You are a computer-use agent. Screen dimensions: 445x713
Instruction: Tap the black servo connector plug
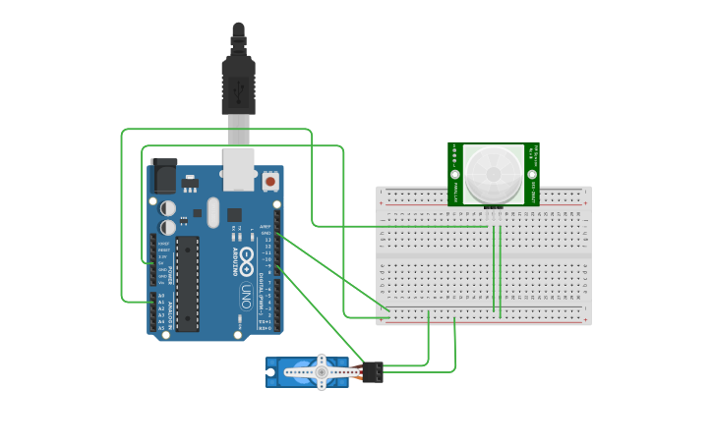[x=372, y=372]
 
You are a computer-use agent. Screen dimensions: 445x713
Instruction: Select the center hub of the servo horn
[x=321, y=372]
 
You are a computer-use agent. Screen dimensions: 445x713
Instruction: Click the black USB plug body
[x=239, y=84]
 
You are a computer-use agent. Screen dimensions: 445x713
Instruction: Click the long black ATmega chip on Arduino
[x=187, y=283]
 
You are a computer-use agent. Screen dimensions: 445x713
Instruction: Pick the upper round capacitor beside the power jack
[x=169, y=207]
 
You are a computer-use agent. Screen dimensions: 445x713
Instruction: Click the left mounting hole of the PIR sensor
[x=455, y=174]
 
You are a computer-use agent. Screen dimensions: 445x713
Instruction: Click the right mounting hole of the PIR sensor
[x=532, y=174]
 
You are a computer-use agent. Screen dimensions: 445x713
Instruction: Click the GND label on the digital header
[x=266, y=233]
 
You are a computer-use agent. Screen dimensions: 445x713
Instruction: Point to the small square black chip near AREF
[x=234, y=214]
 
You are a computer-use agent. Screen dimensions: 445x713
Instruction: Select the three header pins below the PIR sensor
[x=494, y=210]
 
